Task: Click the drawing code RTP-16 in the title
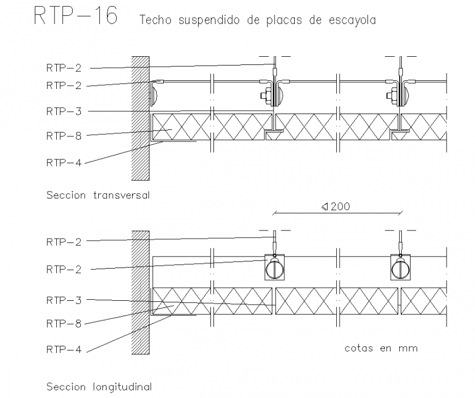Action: (75, 16)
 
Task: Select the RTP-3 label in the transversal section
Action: (63, 111)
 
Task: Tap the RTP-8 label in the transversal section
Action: (63, 136)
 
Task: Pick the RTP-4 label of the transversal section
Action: (63, 162)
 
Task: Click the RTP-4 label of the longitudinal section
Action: (63, 350)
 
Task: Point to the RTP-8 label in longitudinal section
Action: (63, 324)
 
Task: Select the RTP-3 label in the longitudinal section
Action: (63, 300)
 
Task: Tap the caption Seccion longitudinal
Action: (99, 387)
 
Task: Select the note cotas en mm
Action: (381, 348)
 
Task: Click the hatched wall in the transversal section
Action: (140, 117)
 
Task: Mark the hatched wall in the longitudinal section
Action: (140, 292)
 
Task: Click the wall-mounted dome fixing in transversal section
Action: (154, 93)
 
